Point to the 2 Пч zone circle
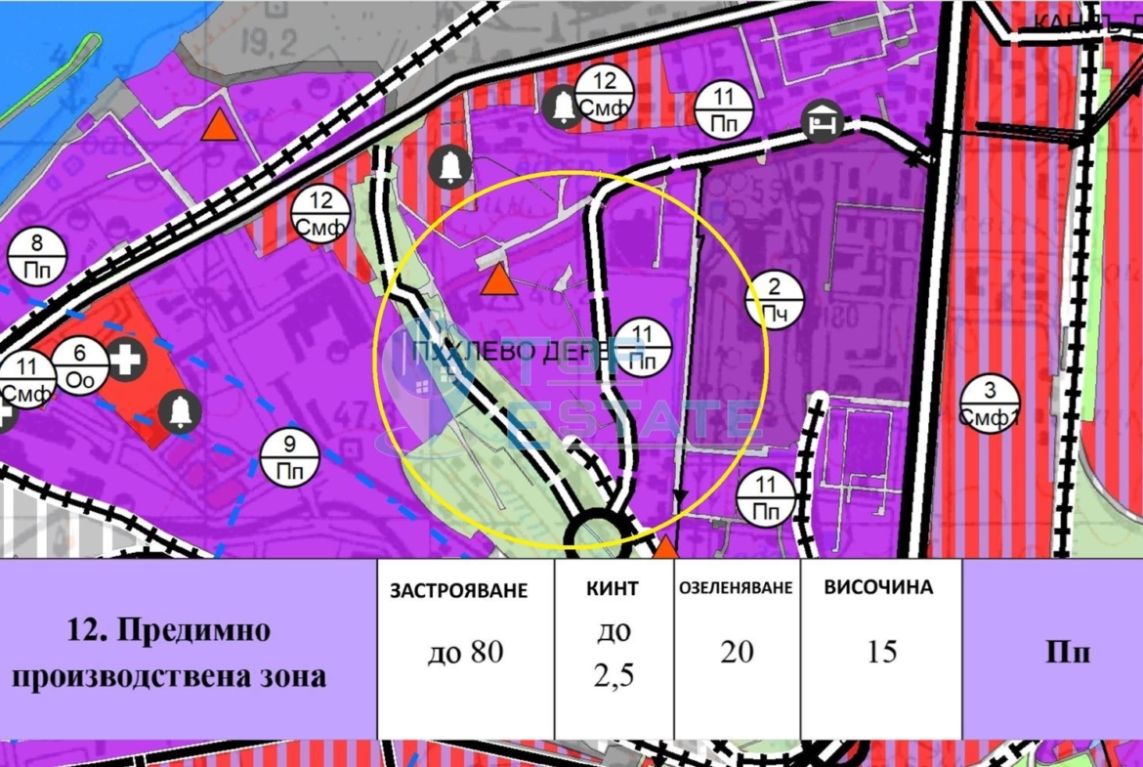pos(775,300)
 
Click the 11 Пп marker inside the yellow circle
pos(642,347)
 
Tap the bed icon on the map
pos(822,121)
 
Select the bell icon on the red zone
pos(180,411)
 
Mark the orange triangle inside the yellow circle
pos(499,280)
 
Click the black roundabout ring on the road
pos(597,533)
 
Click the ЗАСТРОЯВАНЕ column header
pos(458,590)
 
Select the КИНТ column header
pos(614,588)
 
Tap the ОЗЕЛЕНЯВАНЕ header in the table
pos(736,589)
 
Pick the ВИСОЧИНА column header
pos(878,587)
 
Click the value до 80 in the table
pos(465,652)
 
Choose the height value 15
pos(881,652)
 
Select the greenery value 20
pos(736,652)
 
